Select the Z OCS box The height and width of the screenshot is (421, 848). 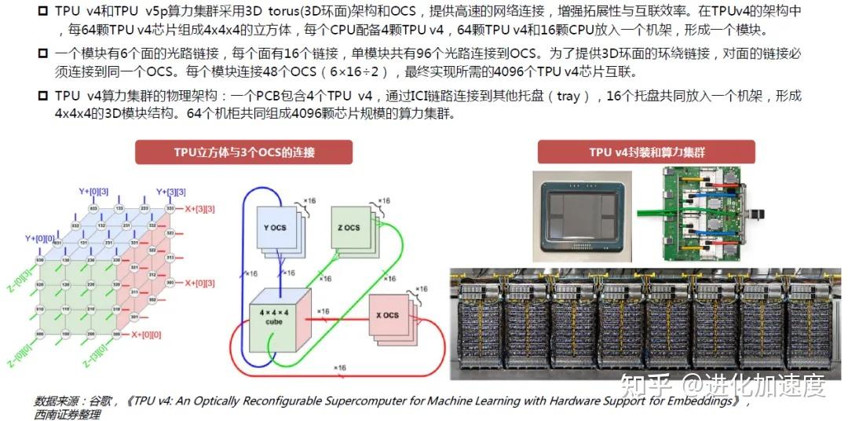tap(350, 228)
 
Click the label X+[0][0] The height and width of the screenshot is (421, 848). tap(148, 335)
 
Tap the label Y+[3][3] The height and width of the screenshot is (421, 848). tap(170, 192)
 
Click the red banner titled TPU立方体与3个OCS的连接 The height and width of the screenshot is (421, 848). tap(243, 152)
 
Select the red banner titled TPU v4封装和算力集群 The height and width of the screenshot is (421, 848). tap(646, 152)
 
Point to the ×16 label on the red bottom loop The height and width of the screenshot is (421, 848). tap(338, 368)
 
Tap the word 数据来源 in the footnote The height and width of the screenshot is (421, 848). tap(60, 401)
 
